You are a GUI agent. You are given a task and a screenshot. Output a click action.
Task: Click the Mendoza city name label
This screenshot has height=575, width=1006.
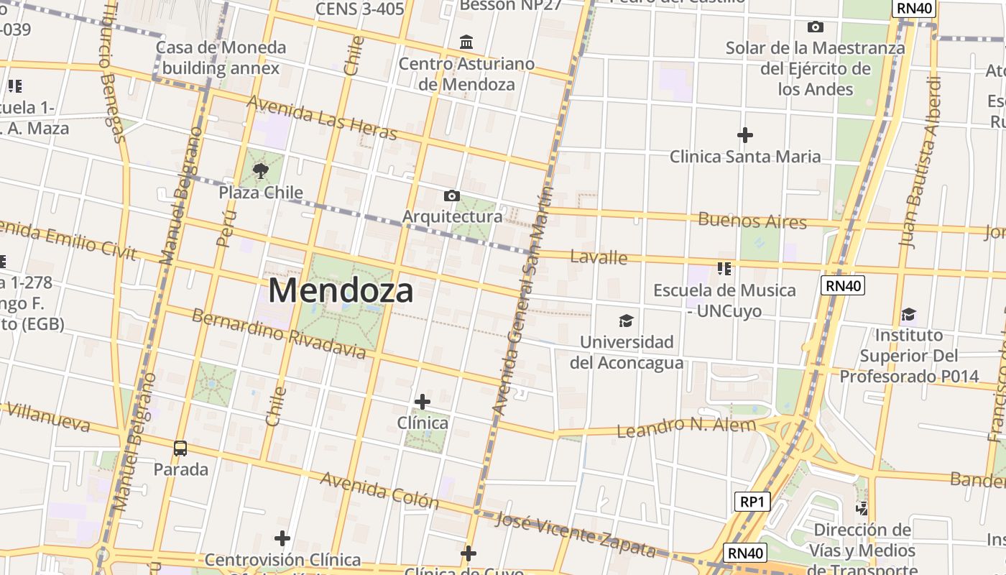pos(341,291)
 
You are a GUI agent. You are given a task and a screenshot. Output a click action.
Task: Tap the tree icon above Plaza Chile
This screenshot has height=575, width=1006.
pos(261,171)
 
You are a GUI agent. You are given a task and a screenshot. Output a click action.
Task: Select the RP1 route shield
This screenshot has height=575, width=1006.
pos(752,502)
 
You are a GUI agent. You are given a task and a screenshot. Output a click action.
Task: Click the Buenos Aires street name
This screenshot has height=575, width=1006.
pos(752,221)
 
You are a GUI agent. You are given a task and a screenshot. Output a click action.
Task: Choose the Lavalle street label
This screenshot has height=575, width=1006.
pos(598,257)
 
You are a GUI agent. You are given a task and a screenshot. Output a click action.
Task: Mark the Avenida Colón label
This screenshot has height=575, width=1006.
pos(379,490)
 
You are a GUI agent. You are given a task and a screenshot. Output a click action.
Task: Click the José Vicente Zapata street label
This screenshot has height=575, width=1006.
pos(576,535)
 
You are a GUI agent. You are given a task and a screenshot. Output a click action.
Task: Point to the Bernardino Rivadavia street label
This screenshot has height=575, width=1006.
pos(278,333)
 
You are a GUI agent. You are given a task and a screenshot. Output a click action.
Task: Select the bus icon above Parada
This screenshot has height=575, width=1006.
pos(180,448)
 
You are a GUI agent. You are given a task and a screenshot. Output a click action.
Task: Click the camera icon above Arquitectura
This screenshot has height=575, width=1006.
pos(452,195)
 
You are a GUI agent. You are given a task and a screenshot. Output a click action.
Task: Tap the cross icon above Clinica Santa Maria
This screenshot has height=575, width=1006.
pos(745,134)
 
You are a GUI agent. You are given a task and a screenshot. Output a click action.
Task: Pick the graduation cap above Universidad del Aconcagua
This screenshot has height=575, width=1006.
pos(627,321)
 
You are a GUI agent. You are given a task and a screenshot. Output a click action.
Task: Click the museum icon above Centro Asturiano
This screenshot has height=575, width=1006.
pos(466,42)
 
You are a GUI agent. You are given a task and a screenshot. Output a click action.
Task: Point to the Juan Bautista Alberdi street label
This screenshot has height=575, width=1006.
pos(922,162)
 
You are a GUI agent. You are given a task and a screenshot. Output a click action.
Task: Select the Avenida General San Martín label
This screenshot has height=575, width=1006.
pos(522,302)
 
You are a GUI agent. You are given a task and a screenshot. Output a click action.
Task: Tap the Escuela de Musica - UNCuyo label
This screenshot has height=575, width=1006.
pos(724,300)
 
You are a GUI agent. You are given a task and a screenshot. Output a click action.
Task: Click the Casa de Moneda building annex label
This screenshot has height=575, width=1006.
pos(221,57)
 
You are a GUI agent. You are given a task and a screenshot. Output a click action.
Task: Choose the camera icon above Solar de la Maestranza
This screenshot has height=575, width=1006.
pos(815,27)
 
